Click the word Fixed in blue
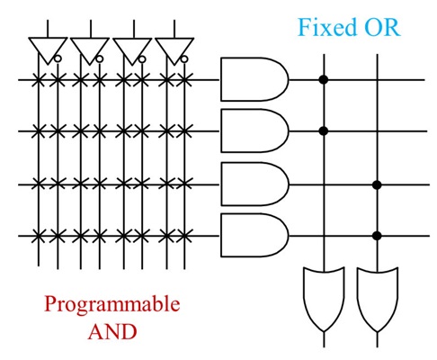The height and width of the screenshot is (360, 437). pyautogui.click(x=326, y=27)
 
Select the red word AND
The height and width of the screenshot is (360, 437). pyautogui.click(x=112, y=331)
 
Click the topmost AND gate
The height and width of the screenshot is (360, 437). pyautogui.click(x=254, y=79)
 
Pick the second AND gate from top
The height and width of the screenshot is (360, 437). pyautogui.click(x=254, y=130)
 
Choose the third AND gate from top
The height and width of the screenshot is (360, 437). pyautogui.click(x=254, y=184)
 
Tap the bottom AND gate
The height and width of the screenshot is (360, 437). pyautogui.click(x=254, y=235)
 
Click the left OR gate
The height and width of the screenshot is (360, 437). pyautogui.click(x=324, y=299)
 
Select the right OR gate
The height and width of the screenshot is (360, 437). pyautogui.click(x=377, y=299)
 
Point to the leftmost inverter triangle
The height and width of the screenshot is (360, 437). pyautogui.click(x=48, y=50)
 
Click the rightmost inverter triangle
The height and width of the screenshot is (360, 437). pyautogui.click(x=174, y=50)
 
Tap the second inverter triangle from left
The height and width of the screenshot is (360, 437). pyautogui.click(x=90, y=50)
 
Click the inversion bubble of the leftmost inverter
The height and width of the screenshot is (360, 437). pyautogui.click(x=58, y=58)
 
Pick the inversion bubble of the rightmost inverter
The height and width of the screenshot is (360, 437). pyautogui.click(x=184, y=59)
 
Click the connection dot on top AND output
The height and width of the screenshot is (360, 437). pyautogui.click(x=323, y=80)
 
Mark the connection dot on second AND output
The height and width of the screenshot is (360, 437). pyautogui.click(x=323, y=130)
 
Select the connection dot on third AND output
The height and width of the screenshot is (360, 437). pyautogui.click(x=377, y=184)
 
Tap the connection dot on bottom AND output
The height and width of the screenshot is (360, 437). pyautogui.click(x=377, y=236)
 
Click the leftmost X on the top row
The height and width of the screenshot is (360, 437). pyautogui.click(x=38, y=80)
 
